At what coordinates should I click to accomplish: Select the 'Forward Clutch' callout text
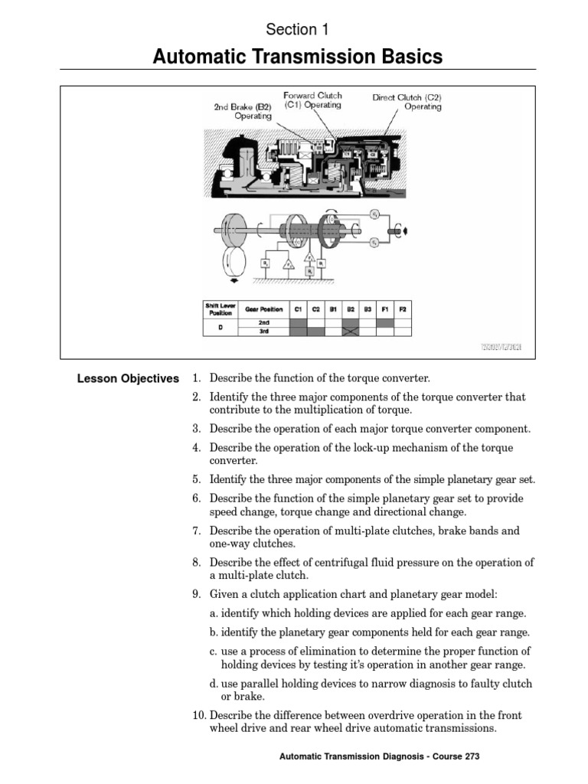(312, 96)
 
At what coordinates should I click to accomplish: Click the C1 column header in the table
(298, 309)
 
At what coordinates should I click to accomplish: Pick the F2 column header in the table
(403, 309)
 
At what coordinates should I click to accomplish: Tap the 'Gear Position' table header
(264, 309)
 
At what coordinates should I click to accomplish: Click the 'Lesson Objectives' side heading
(127, 378)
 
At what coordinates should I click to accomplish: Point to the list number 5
(196, 479)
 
